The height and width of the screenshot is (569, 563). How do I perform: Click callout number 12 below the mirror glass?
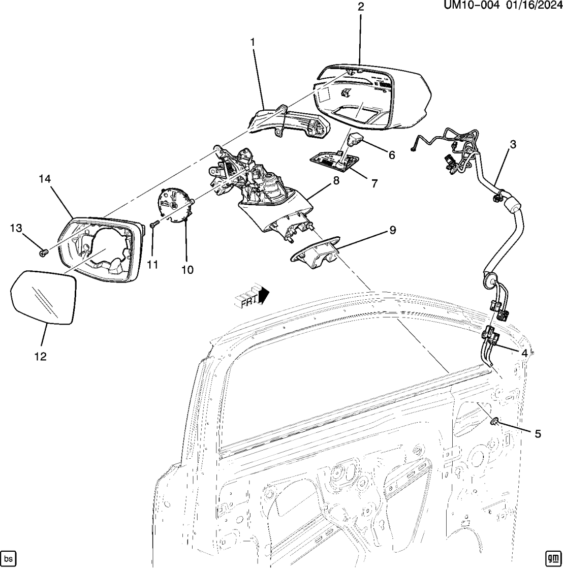tap(40, 357)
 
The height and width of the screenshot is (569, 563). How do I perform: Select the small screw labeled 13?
tap(43, 251)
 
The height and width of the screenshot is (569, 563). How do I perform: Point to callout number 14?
tap(45, 178)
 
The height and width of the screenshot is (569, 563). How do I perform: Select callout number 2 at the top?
tap(360, 7)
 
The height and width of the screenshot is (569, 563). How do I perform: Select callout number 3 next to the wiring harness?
tap(513, 144)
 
